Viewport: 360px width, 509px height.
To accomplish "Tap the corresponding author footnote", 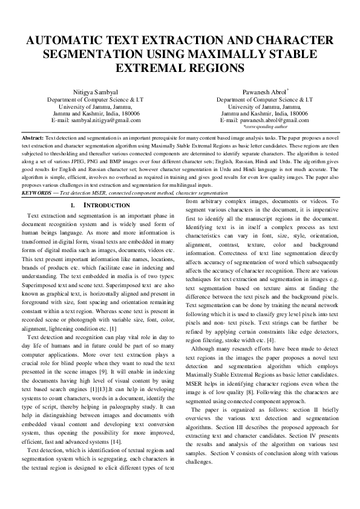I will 265,127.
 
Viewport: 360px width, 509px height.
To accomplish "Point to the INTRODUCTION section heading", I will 107,206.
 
